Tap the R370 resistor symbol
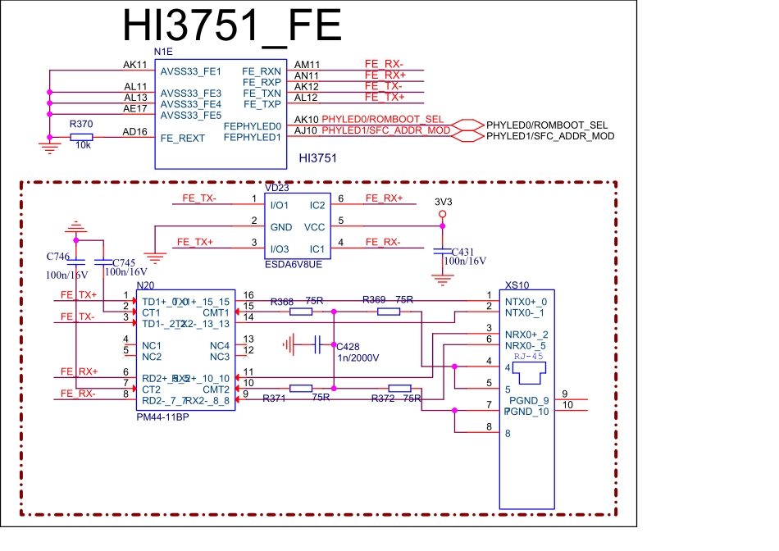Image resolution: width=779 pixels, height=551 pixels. (x=82, y=136)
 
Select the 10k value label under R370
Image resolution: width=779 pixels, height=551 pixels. (x=82, y=145)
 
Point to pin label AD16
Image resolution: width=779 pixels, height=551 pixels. (x=134, y=131)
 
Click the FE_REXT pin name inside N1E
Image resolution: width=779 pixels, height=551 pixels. (x=182, y=138)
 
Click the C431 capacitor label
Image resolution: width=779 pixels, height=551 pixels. (x=463, y=251)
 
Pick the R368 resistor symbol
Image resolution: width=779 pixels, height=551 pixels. (x=301, y=312)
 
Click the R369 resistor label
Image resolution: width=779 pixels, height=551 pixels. (x=374, y=301)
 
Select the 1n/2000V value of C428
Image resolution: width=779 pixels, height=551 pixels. (x=358, y=357)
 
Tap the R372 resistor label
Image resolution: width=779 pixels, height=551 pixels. (x=382, y=398)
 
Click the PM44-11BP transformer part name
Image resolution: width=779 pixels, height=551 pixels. (x=162, y=417)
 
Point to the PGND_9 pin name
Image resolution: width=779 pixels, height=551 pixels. (x=529, y=400)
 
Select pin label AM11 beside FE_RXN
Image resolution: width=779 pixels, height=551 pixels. (x=307, y=64)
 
